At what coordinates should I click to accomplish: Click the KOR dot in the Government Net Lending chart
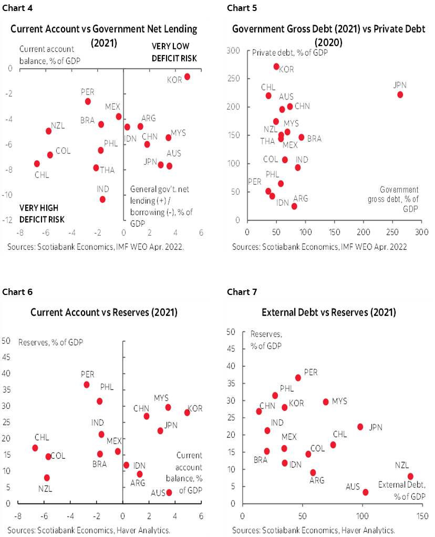coord(187,77)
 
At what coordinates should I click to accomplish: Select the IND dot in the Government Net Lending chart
coord(102,199)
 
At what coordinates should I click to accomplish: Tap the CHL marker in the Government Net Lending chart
coord(37,164)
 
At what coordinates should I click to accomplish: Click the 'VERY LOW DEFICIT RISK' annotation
coord(174,52)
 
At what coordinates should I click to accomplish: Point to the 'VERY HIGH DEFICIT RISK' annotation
coord(42,214)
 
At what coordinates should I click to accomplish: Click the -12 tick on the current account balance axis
coord(8,220)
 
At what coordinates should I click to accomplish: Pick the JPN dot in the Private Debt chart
coord(400,94)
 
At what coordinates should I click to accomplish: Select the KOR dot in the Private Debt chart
coord(276,67)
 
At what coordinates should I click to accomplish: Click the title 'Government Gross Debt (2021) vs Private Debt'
coord(328,29)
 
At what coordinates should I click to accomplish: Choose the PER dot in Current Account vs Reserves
coord(87,385)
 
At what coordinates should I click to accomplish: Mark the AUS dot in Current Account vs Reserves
coord(169,492)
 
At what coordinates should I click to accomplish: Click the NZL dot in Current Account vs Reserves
coord(47,478)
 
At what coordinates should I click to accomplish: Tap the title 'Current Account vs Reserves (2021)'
coord(104,312)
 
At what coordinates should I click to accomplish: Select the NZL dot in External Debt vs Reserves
coord(410,476)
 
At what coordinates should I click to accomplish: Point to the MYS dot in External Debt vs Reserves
coord(326,402)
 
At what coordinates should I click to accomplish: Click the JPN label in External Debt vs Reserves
coord(375,427)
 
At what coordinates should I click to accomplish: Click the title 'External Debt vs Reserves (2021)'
coord(328,312)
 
